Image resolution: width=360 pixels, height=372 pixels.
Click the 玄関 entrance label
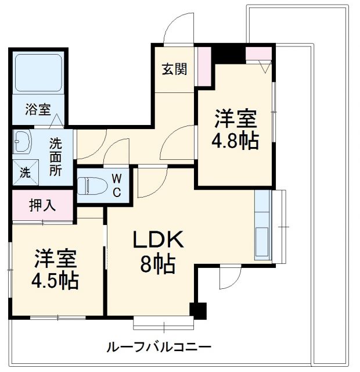pyautogui.click(x=174, y=69)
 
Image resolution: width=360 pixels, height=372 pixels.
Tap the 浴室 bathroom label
pyautogui.click(x=38, y=109)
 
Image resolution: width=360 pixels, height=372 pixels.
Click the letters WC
pyautogui.click(x=117, y=185)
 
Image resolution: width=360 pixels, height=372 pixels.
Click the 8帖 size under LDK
pyautogui.click(x=157, y=265)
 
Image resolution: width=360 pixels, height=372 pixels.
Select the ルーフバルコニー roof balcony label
pyautogui.click(x=159, y=347)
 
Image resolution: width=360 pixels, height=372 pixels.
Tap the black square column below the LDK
pyautogui.click(x=199, y=310)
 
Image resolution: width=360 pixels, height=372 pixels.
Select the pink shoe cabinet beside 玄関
pyautogui.click(x=204, y=66)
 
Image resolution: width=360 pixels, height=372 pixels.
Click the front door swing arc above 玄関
pyautogui.click(x=178, y=29)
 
